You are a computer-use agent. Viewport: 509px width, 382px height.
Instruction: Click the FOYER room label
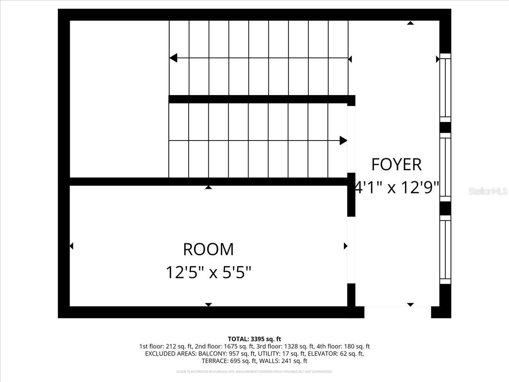click(396, 164)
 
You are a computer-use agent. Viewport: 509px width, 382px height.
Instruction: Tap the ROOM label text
click(208, 250)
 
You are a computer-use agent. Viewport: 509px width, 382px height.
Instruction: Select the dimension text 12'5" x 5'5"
click(208, 272)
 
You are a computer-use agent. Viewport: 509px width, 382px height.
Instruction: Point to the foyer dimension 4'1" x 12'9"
click(396, 187)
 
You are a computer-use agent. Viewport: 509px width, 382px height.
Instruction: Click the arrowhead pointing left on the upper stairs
click(173, 58)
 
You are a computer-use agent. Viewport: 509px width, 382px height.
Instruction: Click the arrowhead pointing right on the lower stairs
click(343, 140)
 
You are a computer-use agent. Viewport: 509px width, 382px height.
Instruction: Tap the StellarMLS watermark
click(488, 191)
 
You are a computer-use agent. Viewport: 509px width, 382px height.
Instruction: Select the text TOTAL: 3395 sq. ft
click(255, 339)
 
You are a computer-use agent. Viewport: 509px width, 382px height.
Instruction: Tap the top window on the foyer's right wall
click(445, 87)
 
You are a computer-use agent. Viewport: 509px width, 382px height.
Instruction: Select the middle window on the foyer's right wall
click(445, 167)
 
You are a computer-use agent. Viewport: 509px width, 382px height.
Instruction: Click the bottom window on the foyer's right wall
click(445, 250)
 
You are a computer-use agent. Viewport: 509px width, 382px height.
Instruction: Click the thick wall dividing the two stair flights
click(259, 99)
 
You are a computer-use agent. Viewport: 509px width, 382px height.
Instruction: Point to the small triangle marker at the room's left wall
click(71, 246)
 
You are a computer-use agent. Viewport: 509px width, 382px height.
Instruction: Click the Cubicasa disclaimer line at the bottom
click(255, 371)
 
